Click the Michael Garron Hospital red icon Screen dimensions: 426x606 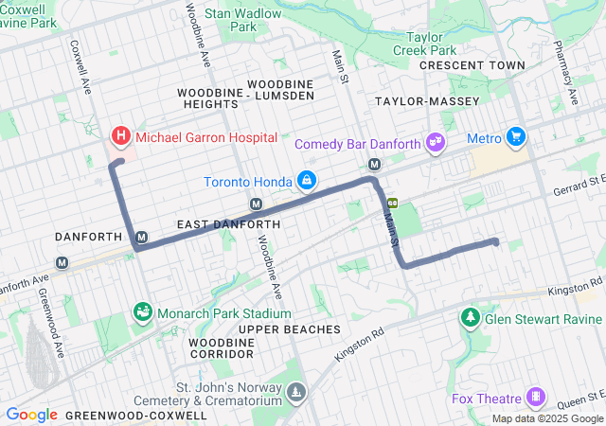121,137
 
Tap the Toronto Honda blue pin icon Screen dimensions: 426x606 308,180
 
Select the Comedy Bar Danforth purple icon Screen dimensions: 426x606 436,143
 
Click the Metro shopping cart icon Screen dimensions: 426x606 516,138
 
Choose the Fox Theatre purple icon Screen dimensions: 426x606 538,395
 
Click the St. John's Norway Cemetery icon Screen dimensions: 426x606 297,392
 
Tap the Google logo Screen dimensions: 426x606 31,415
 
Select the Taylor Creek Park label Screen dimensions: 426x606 424,43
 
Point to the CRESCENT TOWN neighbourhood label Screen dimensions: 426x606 472,65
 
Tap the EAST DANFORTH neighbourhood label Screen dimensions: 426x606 228,224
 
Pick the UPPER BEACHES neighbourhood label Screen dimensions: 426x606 290,328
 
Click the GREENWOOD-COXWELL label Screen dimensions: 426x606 147,415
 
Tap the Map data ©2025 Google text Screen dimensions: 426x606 546,418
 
